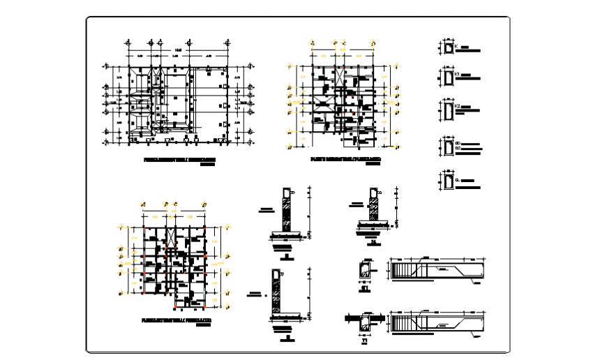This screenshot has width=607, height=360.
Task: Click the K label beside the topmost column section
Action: (x=456, y=47)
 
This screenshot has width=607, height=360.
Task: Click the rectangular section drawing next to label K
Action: (x=447, y=48)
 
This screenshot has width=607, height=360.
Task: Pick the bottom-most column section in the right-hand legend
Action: (x=447, y=182)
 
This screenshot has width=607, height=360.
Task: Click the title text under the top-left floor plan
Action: (x=179, y=160)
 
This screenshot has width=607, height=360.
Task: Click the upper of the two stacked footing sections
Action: (x=286, y=213)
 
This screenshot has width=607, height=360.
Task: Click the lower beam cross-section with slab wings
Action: (x=365, y=322)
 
